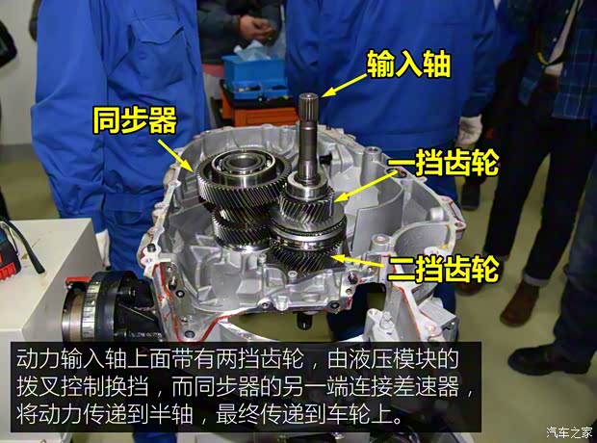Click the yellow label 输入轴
(x=409, y=65)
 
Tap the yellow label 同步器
(x=135, y=120)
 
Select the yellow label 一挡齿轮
(x=443, y=162)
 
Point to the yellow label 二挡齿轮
(x=443, y=268)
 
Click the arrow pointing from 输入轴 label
(x=344, y=86)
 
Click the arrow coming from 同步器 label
(x=175, y=155)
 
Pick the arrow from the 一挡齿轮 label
(x=365, y=188)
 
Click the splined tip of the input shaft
(x=308, y=105)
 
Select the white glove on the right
(x=469, y=130)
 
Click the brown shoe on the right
(x=519, y=303)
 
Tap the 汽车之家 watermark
(x=569, y=432)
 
